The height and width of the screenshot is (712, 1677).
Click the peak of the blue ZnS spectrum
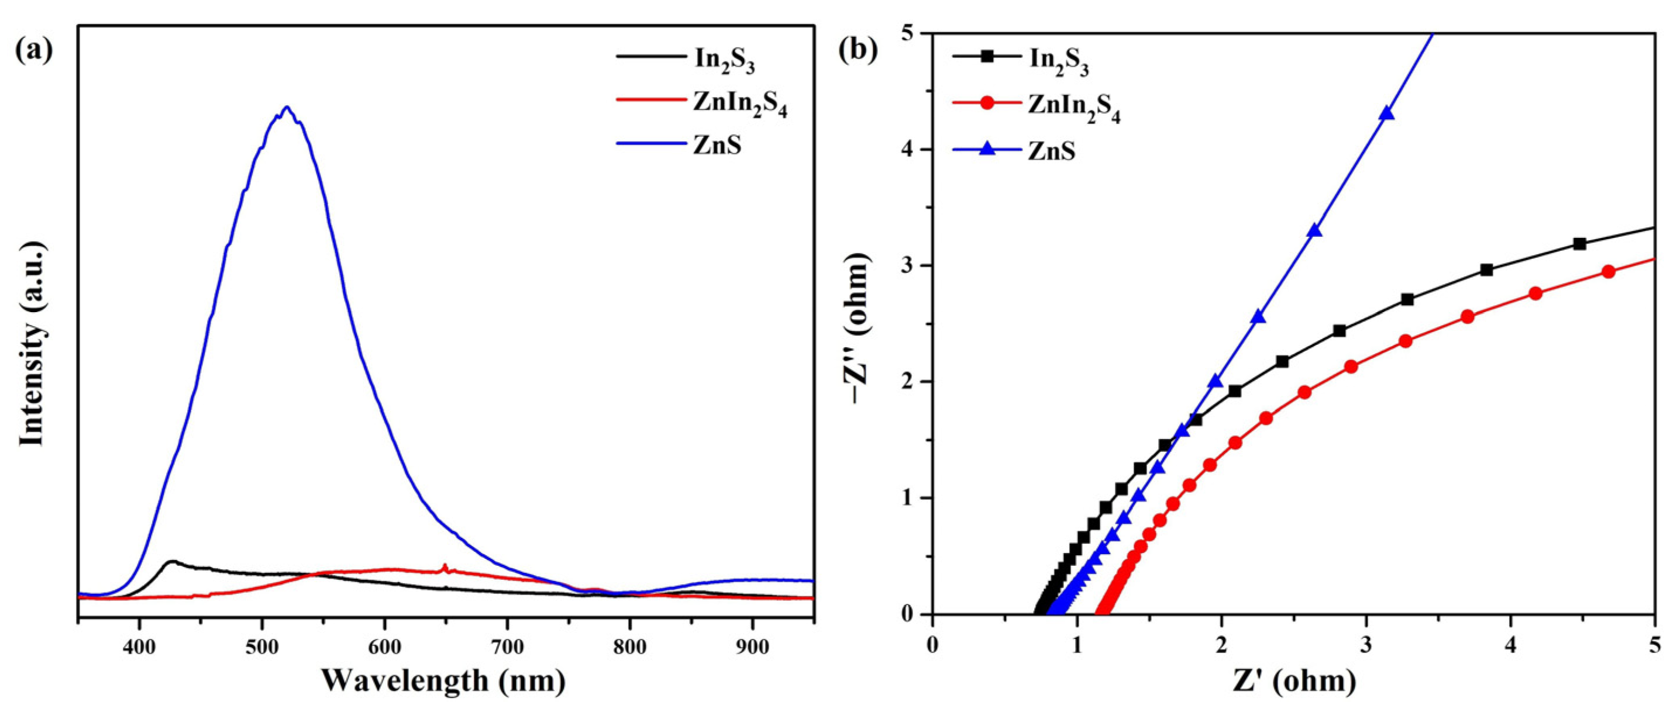click(x=287, y=108)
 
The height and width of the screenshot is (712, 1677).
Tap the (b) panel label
click(x=858, y=50)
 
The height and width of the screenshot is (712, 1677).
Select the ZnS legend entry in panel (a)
click(x=717, y=144)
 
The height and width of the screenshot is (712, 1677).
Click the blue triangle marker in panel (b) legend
click(x=987, y=150)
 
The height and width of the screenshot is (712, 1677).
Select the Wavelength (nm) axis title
click(x=443, y=681)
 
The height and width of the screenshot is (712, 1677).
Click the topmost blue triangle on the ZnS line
click(x=1387, y=113)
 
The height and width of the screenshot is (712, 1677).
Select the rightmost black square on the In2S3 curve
click(x=1579, y=244)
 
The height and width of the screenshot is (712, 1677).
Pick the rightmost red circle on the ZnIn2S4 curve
click(x=1608, y=272)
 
